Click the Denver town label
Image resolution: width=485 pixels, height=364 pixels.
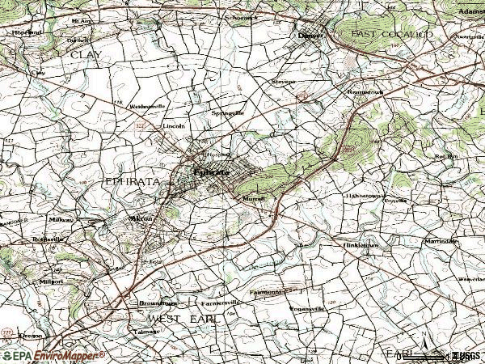[x=310, y=36]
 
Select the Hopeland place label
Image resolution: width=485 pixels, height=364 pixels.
[x=27, y=32]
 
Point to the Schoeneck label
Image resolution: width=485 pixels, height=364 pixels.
[x=242, y=16]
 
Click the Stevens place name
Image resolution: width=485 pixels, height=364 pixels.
[x=283, y=82]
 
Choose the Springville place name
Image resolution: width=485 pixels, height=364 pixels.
[x=227, y=113]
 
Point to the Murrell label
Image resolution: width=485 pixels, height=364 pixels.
[x=253, y=198]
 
